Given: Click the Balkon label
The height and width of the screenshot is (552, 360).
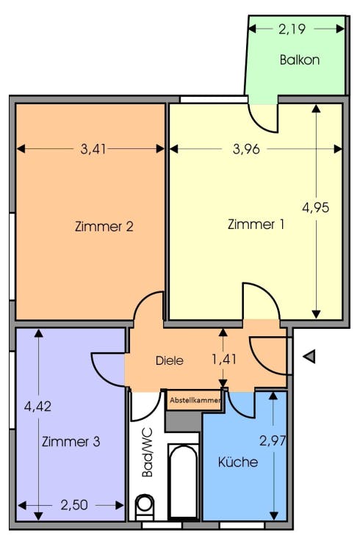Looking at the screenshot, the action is pos(300,60).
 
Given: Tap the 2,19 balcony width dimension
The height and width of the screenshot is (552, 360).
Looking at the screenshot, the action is pos(292,29).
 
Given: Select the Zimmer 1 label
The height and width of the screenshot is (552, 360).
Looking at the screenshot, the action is pos(256,225).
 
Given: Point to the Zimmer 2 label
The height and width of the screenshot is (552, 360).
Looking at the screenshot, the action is pos(104,226).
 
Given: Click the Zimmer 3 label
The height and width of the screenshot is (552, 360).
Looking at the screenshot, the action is pos(71,441).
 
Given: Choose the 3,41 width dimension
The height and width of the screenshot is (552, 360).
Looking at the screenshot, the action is pos(93,149).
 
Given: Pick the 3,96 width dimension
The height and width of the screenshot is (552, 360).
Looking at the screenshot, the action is pos(246,149).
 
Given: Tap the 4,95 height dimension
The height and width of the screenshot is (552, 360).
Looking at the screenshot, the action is pos(316,207).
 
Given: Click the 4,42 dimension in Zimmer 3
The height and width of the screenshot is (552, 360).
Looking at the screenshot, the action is pos(37,407).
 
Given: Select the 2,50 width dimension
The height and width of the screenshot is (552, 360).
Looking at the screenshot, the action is pos(74,505).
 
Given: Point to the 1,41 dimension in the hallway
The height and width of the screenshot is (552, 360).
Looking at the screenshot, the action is pos(223,360).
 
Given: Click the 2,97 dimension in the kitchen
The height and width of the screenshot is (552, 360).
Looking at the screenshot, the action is pos(273,440).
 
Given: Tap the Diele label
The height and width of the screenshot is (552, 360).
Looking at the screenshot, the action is pos(170,360).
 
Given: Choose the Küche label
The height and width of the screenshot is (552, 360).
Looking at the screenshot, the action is pos(238,462).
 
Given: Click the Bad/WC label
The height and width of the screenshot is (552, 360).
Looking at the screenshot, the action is pos(147,452).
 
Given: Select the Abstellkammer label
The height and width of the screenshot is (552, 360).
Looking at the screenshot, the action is pos(195,400).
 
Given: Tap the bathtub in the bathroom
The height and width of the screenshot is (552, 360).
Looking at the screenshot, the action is pos(183,482).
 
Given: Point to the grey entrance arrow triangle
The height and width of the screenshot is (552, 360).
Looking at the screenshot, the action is pos(309,357).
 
